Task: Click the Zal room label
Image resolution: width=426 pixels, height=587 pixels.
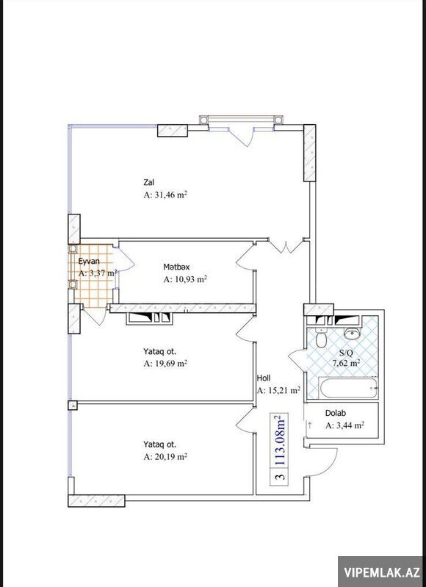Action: click(149, 182)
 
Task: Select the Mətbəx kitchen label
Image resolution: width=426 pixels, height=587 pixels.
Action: click(176, 267)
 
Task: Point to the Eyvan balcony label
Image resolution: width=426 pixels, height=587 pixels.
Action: click(89, 261)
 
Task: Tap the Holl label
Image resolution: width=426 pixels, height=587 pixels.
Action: click(264, 378)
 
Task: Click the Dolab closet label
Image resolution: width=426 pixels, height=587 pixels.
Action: click(336, 414)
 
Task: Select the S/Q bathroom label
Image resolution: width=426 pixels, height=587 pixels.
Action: click(346, 353)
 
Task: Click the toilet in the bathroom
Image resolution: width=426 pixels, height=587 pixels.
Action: click(321, 339)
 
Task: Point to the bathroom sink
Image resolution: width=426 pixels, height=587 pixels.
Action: click(352, 332)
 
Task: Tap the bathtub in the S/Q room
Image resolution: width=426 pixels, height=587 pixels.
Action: click(348, 389)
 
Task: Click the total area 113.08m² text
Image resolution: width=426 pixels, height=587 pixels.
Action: click(279, 440)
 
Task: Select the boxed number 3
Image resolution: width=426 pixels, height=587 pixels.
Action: click(279, 477)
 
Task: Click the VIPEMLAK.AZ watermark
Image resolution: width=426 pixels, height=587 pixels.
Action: click(381, 572)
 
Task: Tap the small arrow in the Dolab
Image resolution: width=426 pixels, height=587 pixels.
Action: click(310, 425)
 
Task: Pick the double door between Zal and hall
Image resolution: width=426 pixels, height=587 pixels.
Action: click(286, 246)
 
